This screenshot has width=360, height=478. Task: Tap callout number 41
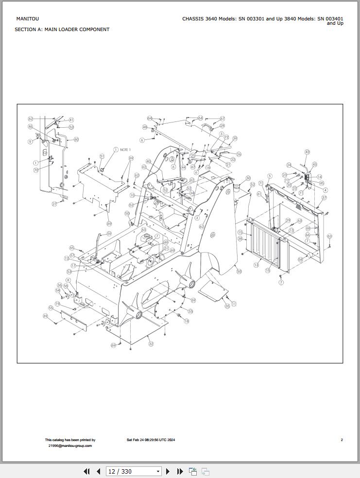coord(71,120)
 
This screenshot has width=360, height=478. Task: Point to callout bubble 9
coord(30,142)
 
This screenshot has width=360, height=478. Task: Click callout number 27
coord(54,204)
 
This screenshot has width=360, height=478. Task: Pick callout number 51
coord(102,156)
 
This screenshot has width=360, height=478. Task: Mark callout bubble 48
coord(145,127)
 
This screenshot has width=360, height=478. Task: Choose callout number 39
coord(235,138)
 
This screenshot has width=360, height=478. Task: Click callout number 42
coord(307,152)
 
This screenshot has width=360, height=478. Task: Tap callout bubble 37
coord(324,198)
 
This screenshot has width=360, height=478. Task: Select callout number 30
coord(248,178)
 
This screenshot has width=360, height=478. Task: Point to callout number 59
coord(109,234)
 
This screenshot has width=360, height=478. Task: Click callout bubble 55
coord(51,308)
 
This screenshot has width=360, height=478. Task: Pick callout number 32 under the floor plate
coord(151,343)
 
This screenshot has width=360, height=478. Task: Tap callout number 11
coord(234,304)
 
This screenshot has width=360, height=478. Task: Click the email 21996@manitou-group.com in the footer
coord(70,445)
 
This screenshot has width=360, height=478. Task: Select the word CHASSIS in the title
coord(193,19)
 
